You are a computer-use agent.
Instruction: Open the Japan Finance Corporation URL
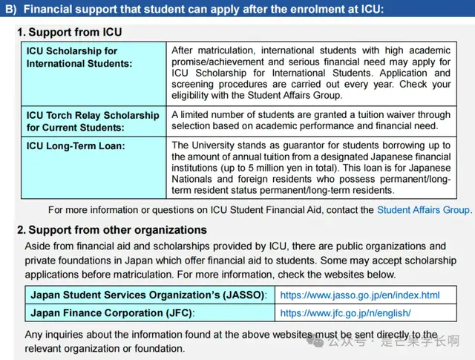(345, 313)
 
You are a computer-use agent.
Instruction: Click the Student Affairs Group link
(424, 210)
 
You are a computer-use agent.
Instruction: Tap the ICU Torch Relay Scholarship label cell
(93, 121)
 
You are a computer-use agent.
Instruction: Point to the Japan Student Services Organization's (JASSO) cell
(148, 295)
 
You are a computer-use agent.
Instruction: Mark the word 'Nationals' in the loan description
(195, 179)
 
